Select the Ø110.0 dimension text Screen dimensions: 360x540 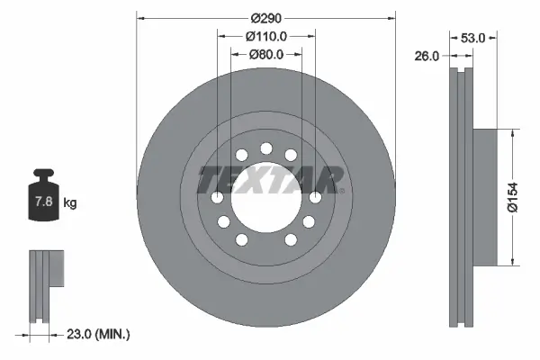click(265, 37)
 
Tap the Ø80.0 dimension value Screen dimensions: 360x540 click(265, 54)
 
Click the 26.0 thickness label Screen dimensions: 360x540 click(427, 55)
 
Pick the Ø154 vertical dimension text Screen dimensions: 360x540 click(513, 196)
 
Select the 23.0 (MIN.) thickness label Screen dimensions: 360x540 click(98, 334)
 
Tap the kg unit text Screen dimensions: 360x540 click(70, 203)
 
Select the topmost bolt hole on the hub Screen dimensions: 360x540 click(265, 148)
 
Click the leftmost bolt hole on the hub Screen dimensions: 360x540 click(217, 197)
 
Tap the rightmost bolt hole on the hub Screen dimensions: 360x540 click(315, 197)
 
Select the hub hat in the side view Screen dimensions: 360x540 click(484, 196)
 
